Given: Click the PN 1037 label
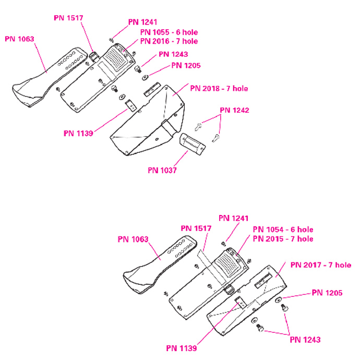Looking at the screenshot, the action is click(162, 171).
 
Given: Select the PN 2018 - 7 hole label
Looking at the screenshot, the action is click(219, 88).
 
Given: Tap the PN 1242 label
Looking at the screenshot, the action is click(234, 110).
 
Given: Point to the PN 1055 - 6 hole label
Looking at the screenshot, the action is click(169, 32).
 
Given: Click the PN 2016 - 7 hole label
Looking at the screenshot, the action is click(169, 41).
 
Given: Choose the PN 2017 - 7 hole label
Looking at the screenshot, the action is click(321, 265).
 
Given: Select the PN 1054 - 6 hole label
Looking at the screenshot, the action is click(283, 230).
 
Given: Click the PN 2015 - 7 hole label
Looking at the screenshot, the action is click(283, 239).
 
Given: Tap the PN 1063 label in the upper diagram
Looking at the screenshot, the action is click(19, 39).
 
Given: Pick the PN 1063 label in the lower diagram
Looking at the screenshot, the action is click(133, 239).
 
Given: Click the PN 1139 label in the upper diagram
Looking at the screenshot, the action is click(78, 134).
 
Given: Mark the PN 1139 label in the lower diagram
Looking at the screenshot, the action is click(182, 349).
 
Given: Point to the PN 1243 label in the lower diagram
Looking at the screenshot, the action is click(305, 340).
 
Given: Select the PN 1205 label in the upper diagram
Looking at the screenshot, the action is click(186, 65).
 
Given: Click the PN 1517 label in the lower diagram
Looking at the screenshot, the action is click(196, 229).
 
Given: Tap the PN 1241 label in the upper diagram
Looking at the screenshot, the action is click(142, 22).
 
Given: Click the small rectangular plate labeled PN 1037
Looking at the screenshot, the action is click(193, 144).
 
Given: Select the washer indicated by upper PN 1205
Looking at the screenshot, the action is click(145, 78).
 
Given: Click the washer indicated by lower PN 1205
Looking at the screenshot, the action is click(278, 300).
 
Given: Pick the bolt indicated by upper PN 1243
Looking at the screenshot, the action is click(138, 69).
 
